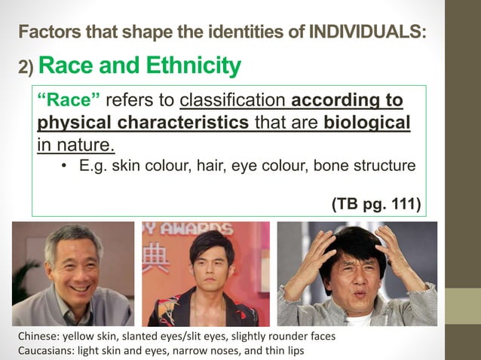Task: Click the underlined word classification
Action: click(233, 100)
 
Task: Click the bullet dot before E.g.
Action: click(66, 165)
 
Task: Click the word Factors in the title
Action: click(45, 32)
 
